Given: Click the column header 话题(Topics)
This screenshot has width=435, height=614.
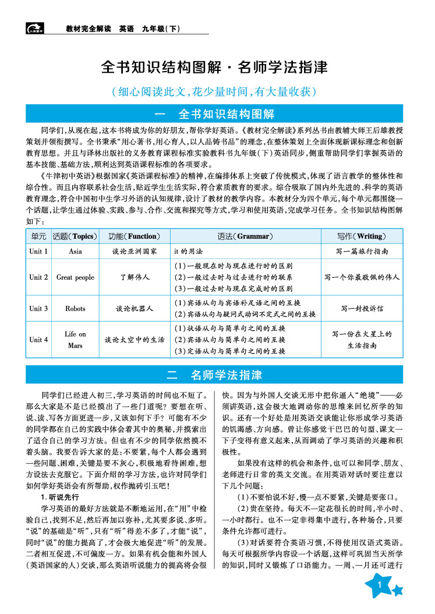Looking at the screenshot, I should coord(74,236).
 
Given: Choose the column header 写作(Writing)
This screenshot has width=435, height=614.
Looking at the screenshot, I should coord(362,236).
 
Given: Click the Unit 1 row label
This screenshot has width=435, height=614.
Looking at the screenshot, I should coord(39,252).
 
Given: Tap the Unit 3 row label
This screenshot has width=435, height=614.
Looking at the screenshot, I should coord(39,308).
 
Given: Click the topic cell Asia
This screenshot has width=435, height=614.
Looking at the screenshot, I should coord(75,252).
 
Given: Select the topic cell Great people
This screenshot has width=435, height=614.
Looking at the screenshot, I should coord(75,277).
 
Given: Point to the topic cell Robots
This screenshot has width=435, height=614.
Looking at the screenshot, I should coord(75,308).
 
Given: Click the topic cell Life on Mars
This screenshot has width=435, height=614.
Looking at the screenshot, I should coord(75,340).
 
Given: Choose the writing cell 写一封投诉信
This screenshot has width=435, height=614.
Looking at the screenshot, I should coord(362,308).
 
